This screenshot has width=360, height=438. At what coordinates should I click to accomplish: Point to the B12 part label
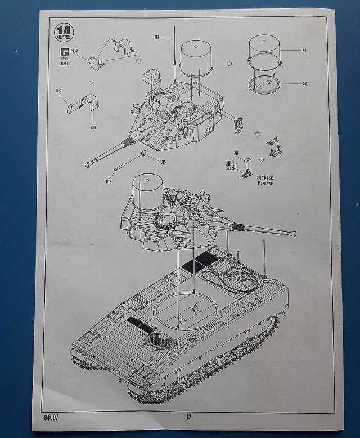[59, 91]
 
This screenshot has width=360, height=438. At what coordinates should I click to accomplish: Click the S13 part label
[93, 127]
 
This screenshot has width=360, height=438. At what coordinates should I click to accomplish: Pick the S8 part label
[304, 51]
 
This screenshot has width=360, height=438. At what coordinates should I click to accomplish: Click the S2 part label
[304, 84]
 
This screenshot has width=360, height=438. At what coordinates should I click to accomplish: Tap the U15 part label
[163, 162]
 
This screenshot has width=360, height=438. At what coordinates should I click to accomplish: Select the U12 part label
[109, 181]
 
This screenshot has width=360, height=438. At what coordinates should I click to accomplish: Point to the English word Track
[231, 168]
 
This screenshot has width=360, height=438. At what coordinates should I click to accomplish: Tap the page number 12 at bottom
[188, 417]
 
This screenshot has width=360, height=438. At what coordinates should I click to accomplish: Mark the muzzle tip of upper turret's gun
[88, 164]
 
